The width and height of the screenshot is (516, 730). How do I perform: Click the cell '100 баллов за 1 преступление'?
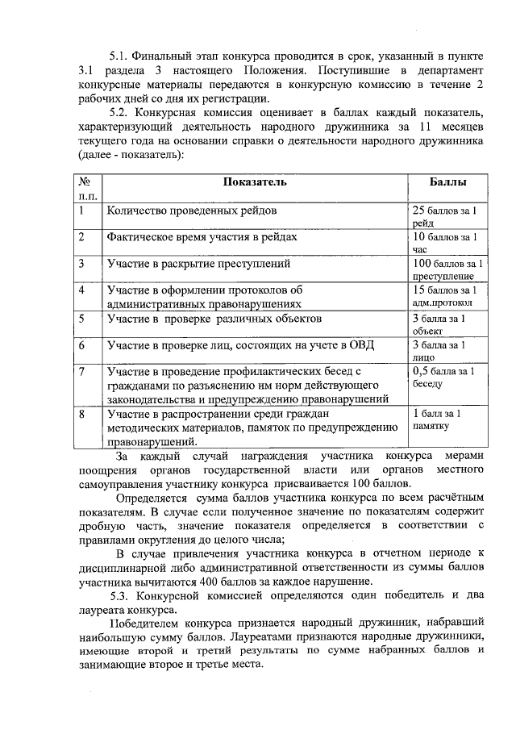click(x=447, y=269)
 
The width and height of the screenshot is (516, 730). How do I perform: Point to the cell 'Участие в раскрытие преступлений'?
click(x=198, y=264)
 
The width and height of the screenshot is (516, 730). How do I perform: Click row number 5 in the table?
click(x=82, y=319)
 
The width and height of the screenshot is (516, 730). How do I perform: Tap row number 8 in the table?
click(x=82, y=415)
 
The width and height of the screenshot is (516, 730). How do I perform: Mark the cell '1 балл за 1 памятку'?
click(x=441, y=420)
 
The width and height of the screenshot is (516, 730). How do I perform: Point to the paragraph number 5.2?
click(x=120, y=113)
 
